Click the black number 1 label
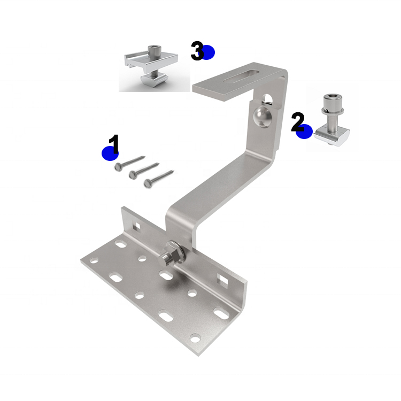(x=114, y=143)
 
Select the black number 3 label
(x=197, y=51)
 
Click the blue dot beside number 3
(x=207, y=52)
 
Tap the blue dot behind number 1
(x=110, y=153)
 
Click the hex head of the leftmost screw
(x=119, y=167)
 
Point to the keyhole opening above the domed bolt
(x=267, y=97)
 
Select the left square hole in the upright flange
(x=137, y=226)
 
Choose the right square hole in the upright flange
(x=221, y=279)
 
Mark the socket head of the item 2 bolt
(x=330, y=100)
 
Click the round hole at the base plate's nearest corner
(x=196, y=337)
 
